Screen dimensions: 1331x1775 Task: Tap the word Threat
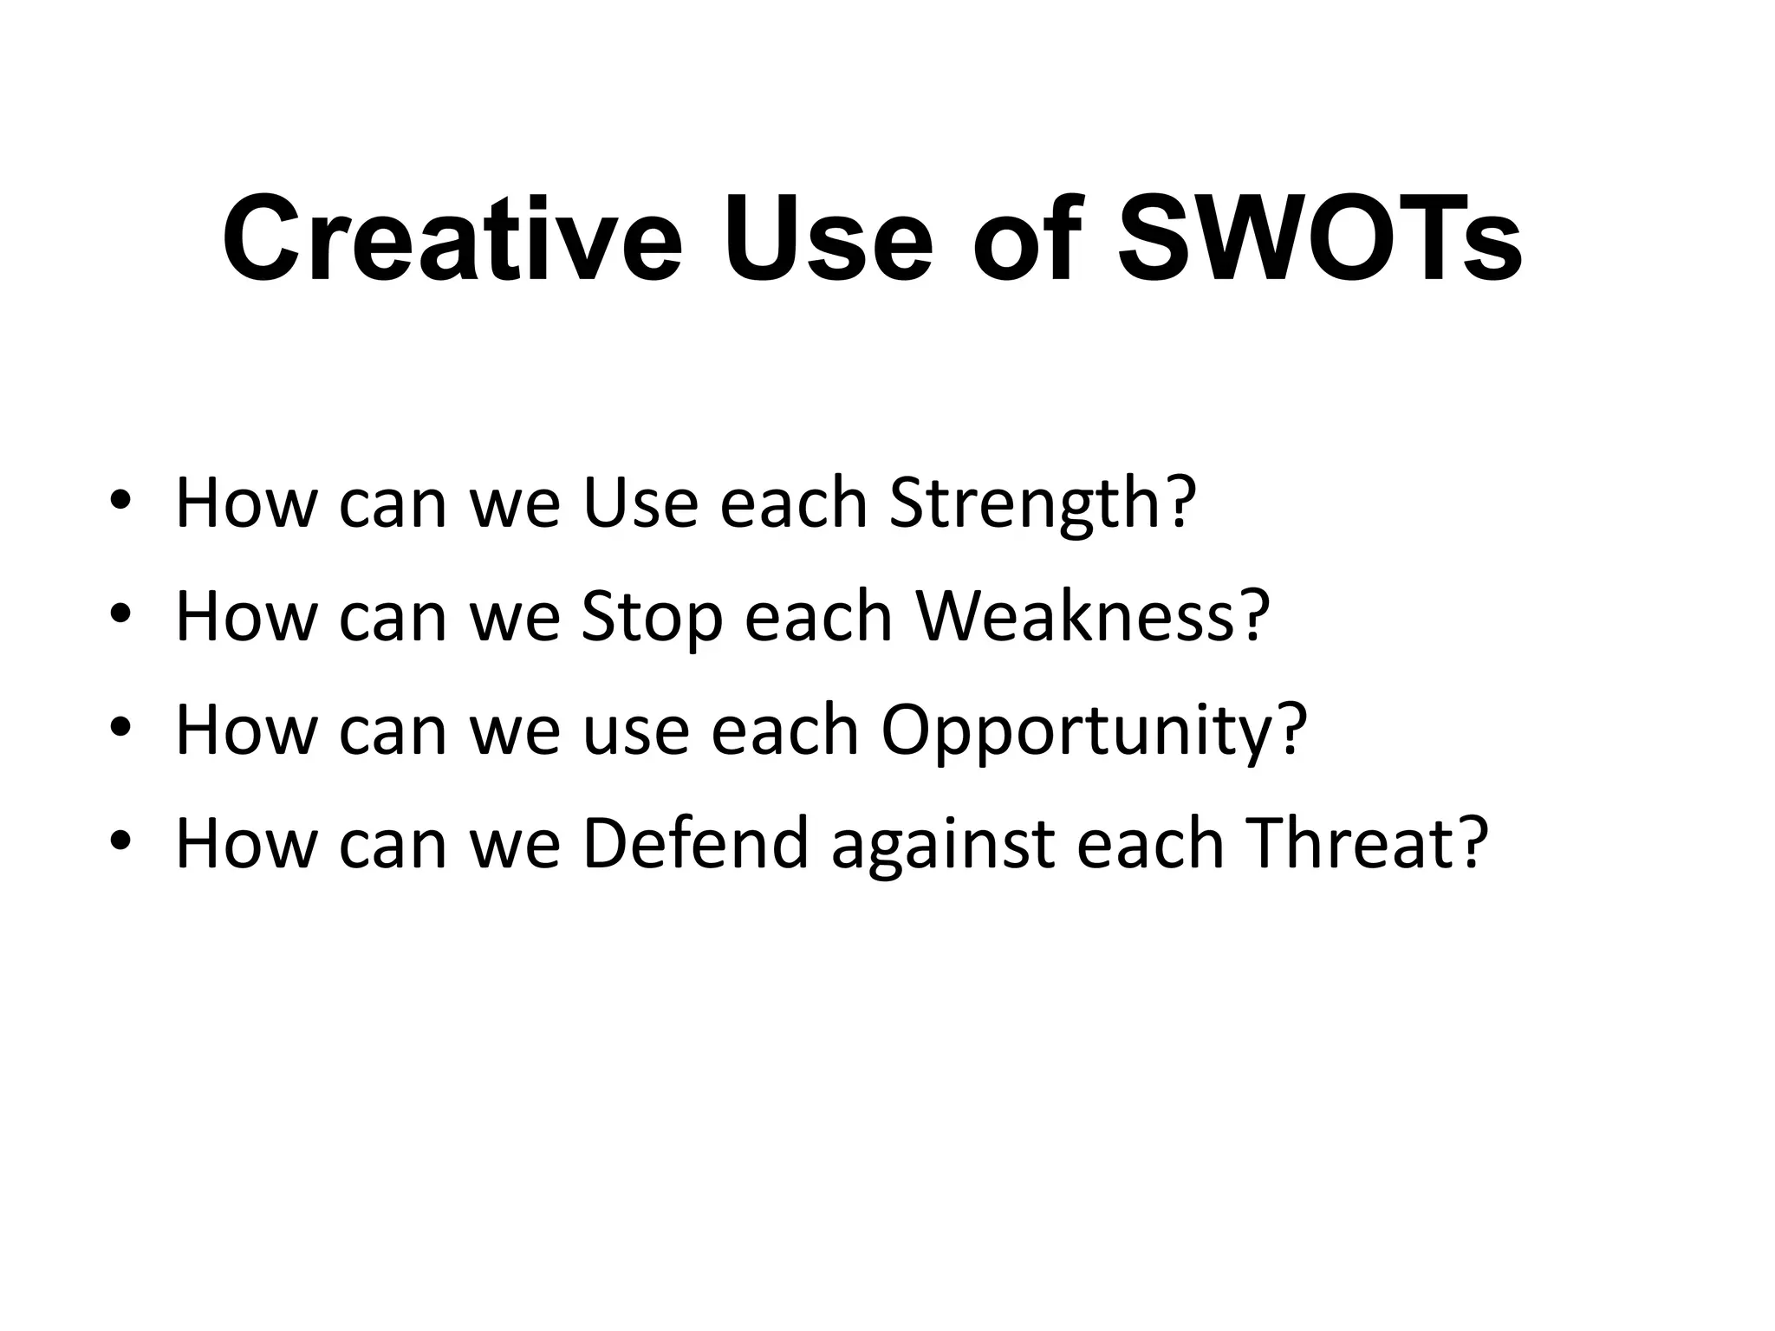pyautogui.click(x=1348, y=842)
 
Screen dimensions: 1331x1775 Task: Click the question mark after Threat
pyautogui.click(x=1473, y=842)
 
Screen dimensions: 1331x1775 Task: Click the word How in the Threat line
pyautogui.click(x=246, y=842)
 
